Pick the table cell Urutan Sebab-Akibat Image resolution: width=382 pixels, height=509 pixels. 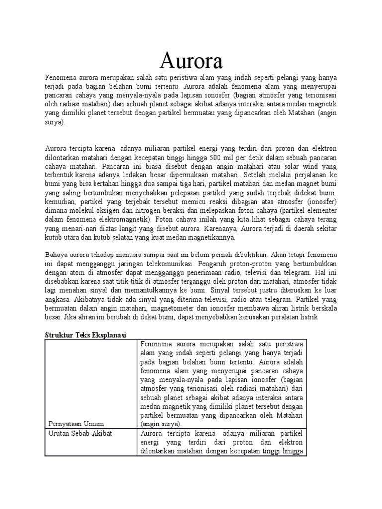(80, 433)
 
